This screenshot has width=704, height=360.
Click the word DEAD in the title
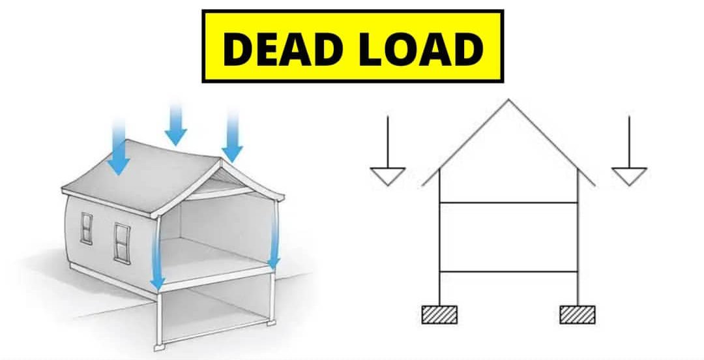(289, 48)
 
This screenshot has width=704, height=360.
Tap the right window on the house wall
(121, 241)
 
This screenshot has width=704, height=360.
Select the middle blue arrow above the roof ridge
(175, 124)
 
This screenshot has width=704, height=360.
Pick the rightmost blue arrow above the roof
(232, 137)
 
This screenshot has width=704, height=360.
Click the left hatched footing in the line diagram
(440, 314)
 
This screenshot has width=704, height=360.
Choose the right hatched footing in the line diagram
(578, 314)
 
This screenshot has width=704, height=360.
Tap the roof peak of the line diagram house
(508, 101)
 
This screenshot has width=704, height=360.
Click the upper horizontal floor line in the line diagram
(508, 203)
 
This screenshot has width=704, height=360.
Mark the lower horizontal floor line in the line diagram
(508, 271)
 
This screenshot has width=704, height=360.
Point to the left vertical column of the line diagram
(440, 248)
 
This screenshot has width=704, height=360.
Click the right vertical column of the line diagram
(578, 248)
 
